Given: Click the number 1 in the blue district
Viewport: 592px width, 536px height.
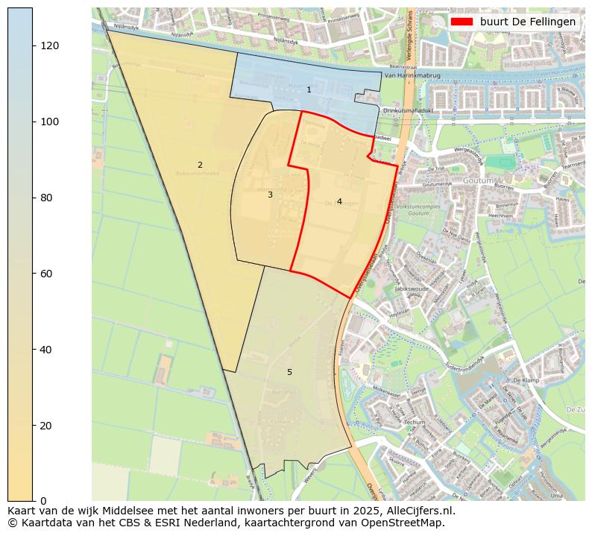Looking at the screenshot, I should (x=309, y=89).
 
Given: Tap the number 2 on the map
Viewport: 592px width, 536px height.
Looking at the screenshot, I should (x=200, y=165).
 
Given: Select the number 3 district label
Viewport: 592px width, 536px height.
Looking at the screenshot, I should (x=270, y=195).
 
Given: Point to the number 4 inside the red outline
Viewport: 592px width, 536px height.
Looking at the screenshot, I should (x=339, y=201).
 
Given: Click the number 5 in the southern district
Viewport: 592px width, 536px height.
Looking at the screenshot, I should (x=289, y=372).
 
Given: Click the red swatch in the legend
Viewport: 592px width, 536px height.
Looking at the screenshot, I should (x=462, y=22).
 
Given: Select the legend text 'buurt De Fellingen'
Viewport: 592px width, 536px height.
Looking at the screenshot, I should (x=527, y=22).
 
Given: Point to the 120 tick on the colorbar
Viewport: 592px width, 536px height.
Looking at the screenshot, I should (x=49, y=45).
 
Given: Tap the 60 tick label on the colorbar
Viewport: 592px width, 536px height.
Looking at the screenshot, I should (x=46, y=274).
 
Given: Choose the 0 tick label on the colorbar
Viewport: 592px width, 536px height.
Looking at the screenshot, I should (x=43, y=500).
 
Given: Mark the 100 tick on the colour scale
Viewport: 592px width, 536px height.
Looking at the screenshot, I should (x=49, y=122).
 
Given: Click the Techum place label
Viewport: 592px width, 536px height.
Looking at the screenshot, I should (x=415, y=422).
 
